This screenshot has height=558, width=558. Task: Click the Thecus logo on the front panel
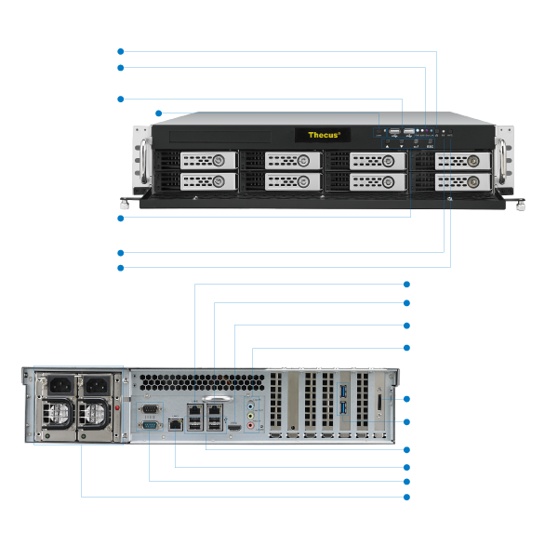tap(324, 135)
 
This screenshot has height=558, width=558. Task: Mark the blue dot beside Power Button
tap(120, 52)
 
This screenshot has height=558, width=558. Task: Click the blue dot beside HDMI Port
tap(406, 325)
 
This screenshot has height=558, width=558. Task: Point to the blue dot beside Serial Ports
tap(406, 481)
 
